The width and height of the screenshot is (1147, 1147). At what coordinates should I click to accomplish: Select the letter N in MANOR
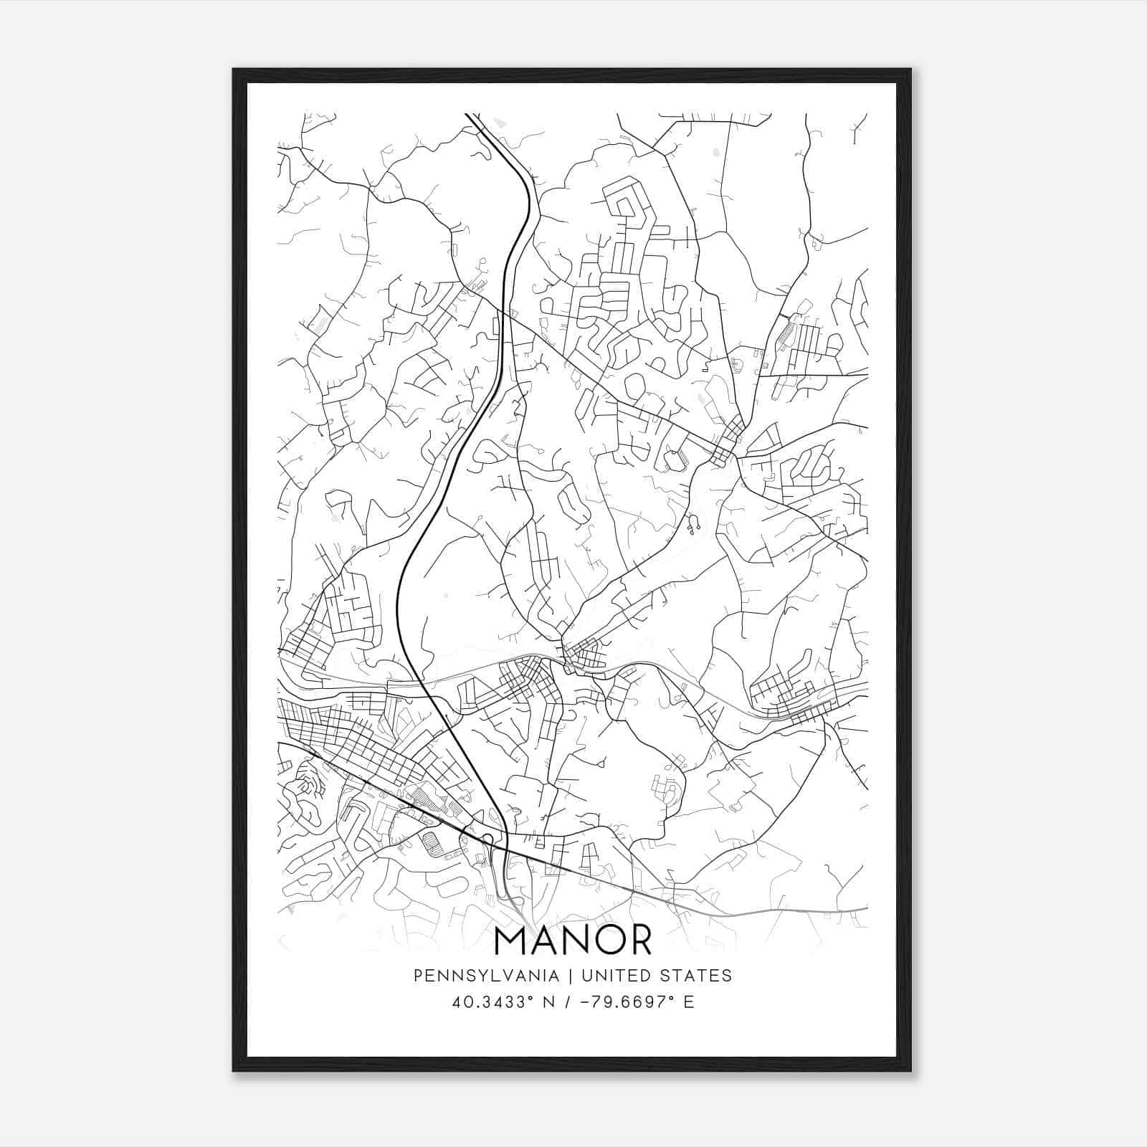coord(571,941)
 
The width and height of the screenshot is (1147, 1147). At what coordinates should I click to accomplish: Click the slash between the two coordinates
coord(568,1002)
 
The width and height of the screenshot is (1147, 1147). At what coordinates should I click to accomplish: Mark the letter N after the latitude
coord(549,1002)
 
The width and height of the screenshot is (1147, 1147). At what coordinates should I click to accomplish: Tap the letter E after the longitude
coord(689,1002)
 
